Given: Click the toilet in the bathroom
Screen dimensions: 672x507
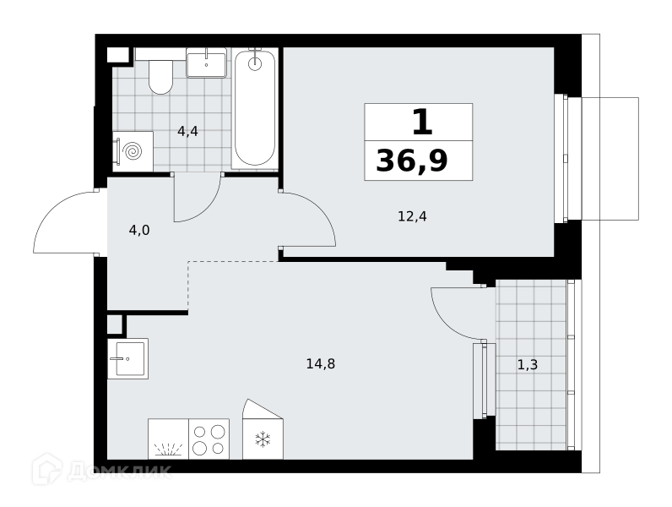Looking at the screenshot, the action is (160, 77).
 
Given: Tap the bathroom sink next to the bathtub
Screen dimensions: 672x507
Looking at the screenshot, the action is (206, 63).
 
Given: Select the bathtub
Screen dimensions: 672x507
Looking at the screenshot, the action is (255, 108).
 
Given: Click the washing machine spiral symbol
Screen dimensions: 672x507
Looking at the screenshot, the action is (132, 151).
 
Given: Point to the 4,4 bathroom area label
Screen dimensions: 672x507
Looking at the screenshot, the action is (187, 131).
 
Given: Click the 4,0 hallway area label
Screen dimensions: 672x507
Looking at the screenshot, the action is (139, 231).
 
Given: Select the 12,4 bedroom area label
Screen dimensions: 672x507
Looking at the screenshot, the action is (412, 216).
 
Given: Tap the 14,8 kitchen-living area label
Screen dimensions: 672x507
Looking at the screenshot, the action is (321, 363).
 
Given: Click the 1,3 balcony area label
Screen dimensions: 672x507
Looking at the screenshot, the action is (528, 364).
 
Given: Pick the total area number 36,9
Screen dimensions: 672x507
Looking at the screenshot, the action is (412, 161).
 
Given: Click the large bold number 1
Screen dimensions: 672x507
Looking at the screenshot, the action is (422, 122).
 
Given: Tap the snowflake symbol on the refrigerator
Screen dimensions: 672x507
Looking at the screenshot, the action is (263, 439).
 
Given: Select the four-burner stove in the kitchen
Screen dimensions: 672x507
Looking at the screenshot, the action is (209, 439).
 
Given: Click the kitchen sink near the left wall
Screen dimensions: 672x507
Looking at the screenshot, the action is (127, 358).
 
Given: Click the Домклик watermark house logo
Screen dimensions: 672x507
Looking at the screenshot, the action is (47, 469).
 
